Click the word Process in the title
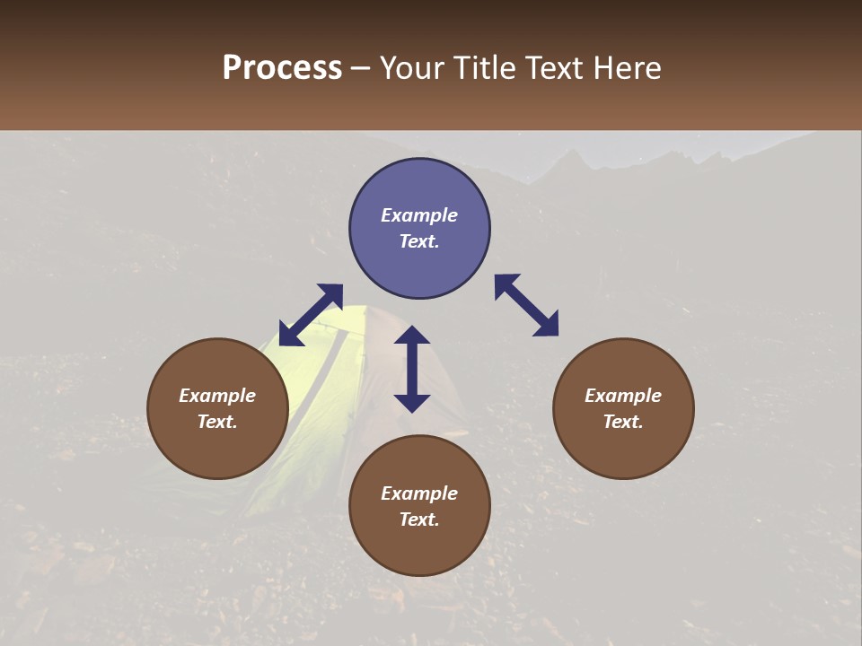click(x=282, y=68)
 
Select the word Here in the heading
click(x=627, y=68)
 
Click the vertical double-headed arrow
click(x=412, y=369)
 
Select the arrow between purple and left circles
click(x=311, y=315)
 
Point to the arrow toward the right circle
click(x=526, y=305)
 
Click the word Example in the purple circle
click(x=419, y=215)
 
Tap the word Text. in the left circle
click(x=217, y=422)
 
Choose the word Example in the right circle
click(x=623, y=396)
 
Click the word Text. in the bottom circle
click(x=419, y=519)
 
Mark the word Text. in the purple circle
click(x=419, y=241)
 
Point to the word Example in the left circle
click(x=217, y=396)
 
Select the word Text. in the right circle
click(x=623, y=422)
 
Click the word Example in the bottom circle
click(x=419, y=493)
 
